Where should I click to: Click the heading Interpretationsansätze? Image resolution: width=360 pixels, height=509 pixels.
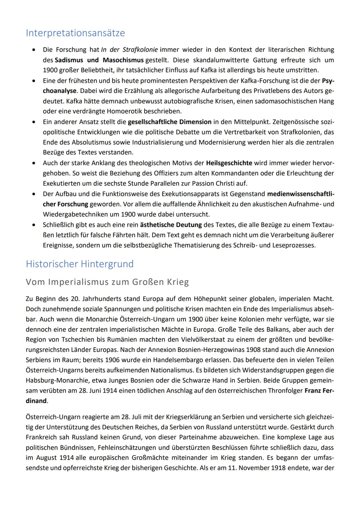click(75, 33)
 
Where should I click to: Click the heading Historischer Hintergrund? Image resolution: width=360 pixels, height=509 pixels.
click(80, 264)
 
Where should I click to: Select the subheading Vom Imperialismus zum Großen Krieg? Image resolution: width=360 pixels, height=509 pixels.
click(107, 282)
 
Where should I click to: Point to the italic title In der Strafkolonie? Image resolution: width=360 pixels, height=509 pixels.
click(129, 50)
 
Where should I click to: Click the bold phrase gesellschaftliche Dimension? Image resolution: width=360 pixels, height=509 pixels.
click(169, 122)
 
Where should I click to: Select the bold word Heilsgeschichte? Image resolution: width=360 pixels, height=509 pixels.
click(229, 163)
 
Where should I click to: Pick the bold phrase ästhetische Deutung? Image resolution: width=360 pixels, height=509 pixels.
click(171, 225)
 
